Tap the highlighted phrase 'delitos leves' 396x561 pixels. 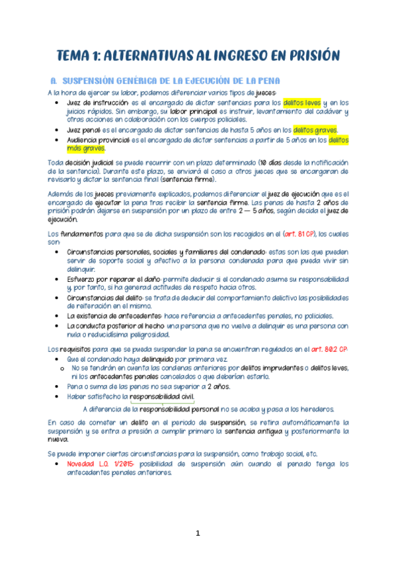301,103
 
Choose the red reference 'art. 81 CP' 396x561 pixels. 298,234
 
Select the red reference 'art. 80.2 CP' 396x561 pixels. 328,349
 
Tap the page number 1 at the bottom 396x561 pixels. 197,533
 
